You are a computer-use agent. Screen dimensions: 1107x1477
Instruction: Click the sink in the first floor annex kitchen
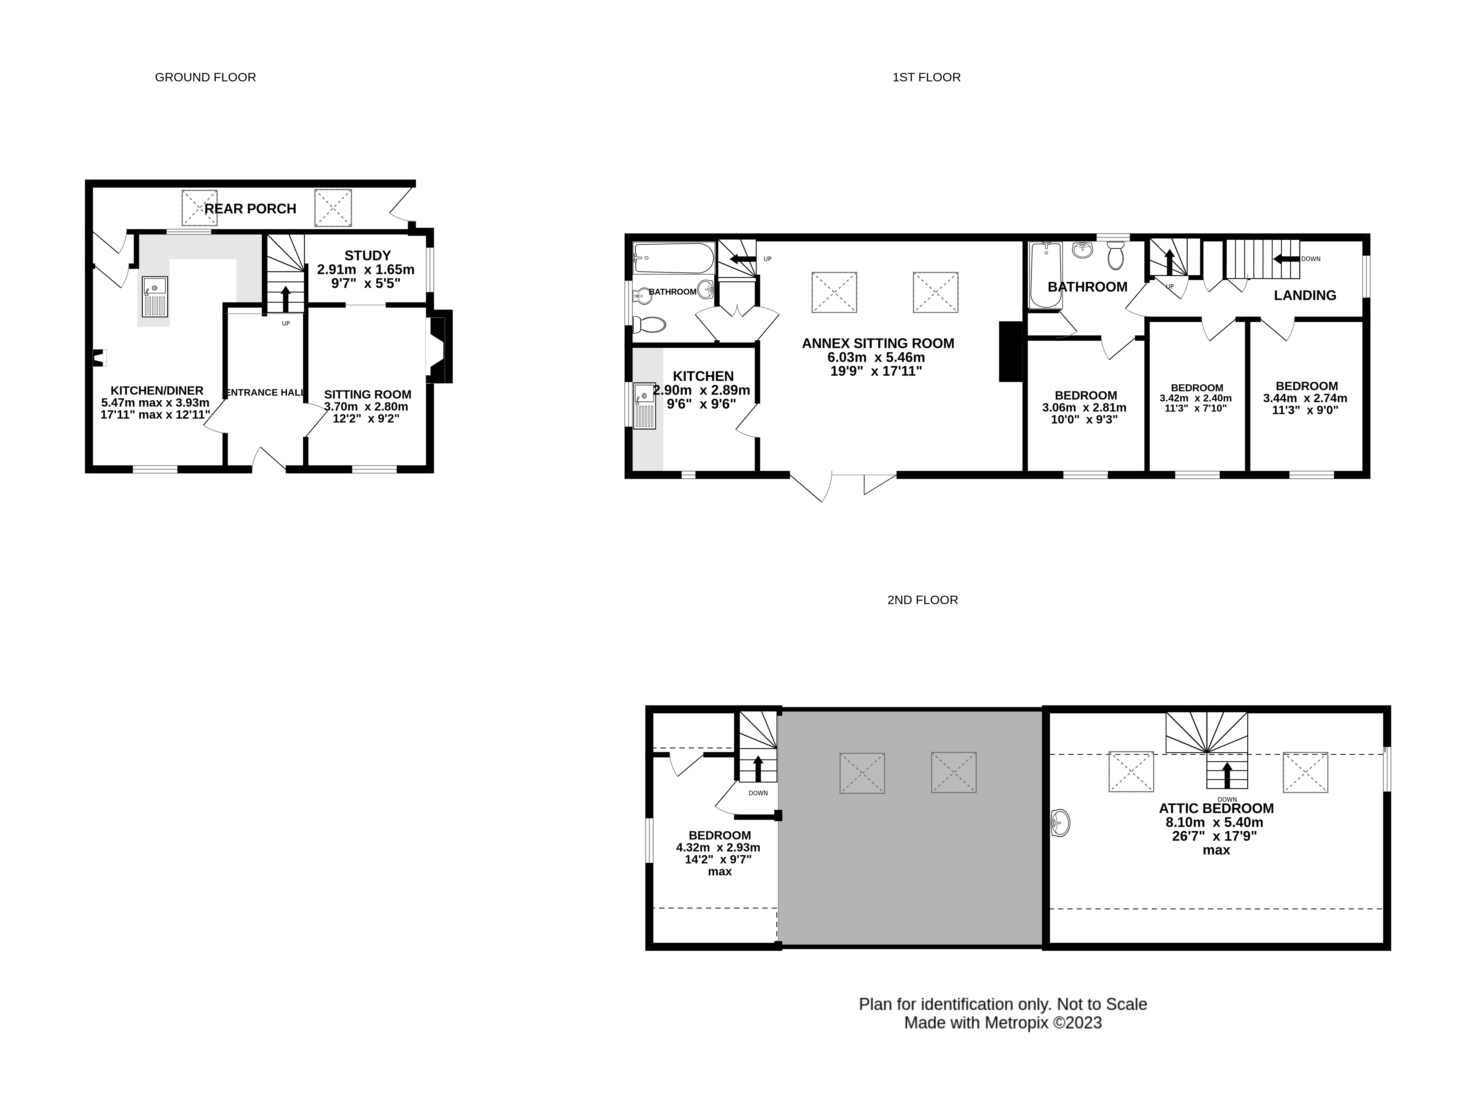point(644,405)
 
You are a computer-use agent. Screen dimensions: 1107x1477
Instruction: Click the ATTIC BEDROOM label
point(1216,808)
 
